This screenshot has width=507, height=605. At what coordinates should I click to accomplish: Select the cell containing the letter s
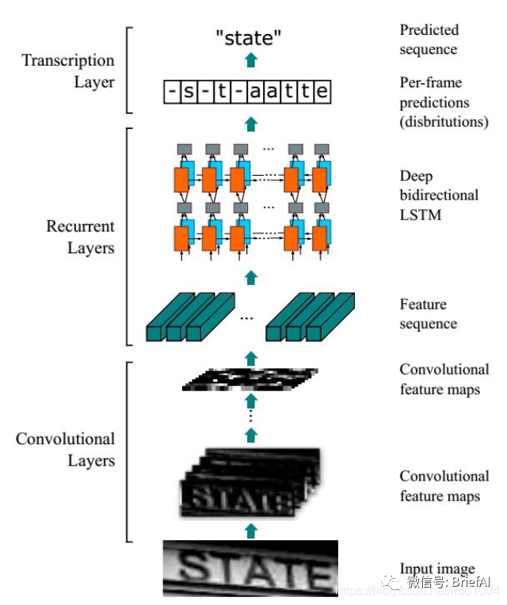click(x=189, y=93)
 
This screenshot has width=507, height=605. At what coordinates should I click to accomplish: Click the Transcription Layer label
click(x=67, y=71)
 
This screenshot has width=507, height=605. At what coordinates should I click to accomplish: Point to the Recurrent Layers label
click(x=79, y=238)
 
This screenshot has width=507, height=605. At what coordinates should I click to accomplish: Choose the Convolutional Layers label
click(x=66, y=450)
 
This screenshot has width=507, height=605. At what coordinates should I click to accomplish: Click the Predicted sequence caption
click(x=429, y=40)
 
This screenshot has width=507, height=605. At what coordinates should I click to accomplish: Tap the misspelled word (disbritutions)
click(x=444, y=122)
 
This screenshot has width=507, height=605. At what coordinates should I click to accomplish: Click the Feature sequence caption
click(x=429, y=314)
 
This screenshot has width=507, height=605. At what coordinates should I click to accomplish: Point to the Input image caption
click(x=437, y=569)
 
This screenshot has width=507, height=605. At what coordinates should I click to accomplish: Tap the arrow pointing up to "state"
click(x=251, y=60)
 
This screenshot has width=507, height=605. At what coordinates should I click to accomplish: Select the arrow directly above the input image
click(x=251, y=529)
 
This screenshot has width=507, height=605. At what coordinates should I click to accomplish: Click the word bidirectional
click(x=439, y=195)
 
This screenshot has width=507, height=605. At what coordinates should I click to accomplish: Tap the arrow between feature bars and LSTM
click(x=251, y=276)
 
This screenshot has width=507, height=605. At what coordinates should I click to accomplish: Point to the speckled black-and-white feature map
click(x=249, y=380)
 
